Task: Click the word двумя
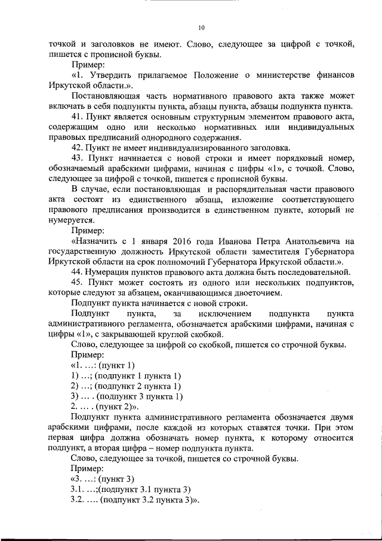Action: pos(341,417)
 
